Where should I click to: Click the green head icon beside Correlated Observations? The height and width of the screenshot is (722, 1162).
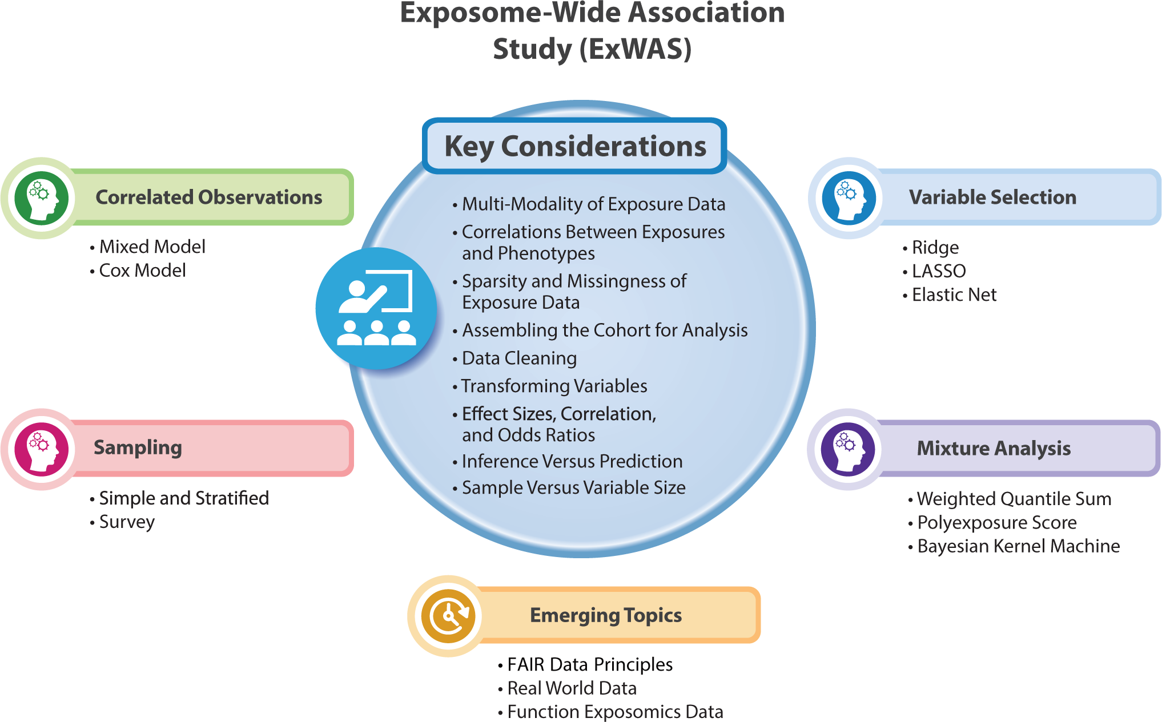pyautogui.click(x=42, y=198)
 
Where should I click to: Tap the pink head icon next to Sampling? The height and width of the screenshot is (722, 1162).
pyautogui.click(x=42, y=449)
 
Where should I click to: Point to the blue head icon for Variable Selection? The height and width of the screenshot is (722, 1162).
pyautogui.click(x=849, y=198)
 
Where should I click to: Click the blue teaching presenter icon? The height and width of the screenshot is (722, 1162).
pyautogui.click(x=376, y=308)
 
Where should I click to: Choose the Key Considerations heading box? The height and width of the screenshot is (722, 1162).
pyautogui.click(x=574, y=146)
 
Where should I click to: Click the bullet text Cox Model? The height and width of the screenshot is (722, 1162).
pyautogui.click(x=142, y=271)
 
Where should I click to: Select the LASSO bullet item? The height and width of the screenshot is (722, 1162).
pyautogui.click(x=938, y=271)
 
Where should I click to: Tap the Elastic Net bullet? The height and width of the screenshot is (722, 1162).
pyautogui.click(x=954, y=295)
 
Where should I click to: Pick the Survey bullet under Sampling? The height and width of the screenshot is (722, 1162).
pyautogui.click(x=127, y=522)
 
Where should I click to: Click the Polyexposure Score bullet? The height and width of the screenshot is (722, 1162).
pyautogui.click(x=996, y=523)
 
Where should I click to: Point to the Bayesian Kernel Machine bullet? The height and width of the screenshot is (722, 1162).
pyautogui.click(x=1018, y=546)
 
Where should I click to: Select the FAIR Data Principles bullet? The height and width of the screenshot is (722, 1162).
pyautogui.click(x=589, y=665)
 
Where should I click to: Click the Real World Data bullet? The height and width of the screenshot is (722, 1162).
pyautogui.click(x=572, y=688)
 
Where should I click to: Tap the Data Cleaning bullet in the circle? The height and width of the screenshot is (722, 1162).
pyautogui.click(x=519, y=358)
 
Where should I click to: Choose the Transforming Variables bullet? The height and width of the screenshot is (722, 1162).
pyautogui.click(x=554, y=386)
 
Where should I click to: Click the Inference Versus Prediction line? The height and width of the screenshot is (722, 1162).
pyautogui.click(x=572, y=462)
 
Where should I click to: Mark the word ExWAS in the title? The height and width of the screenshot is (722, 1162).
pyautogui.click(x=635, y=49)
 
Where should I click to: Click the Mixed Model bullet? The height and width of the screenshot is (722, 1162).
pyautogui.click(x=152, y=247)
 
